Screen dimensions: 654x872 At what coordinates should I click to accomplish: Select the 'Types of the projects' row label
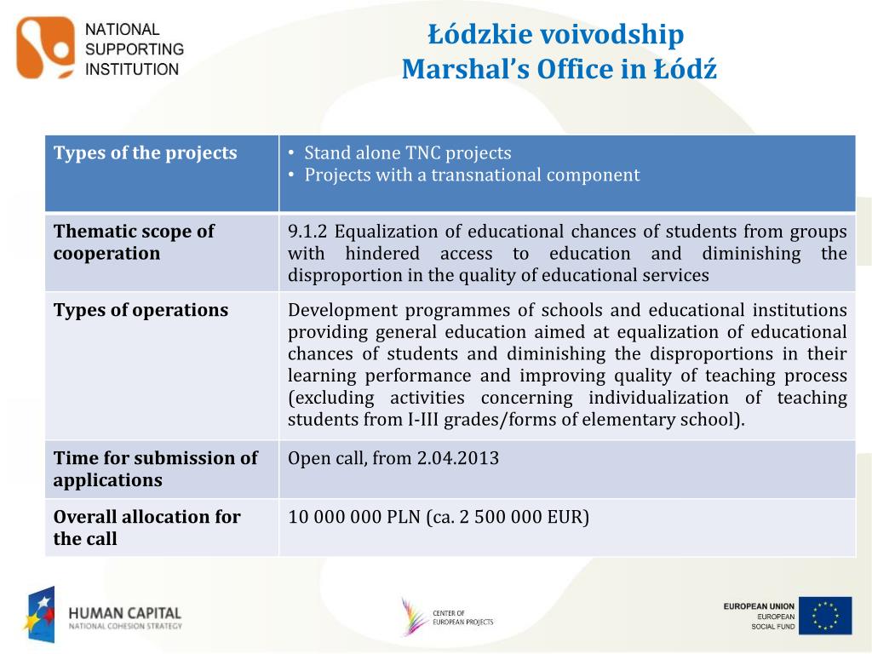(x=146, y=153)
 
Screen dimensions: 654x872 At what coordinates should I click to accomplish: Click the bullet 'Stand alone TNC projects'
(x=408, y=153)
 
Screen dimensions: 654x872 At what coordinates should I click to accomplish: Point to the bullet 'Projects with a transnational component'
(x=472, y=175)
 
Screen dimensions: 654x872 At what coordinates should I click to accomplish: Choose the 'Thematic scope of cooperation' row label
(x=134, y=242)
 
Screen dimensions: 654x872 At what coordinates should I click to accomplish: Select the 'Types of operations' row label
(x=141, y=310)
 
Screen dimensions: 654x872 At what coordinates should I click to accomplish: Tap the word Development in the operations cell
(x=336, y=310)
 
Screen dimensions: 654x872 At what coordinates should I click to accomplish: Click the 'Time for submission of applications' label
(x=155, y=468)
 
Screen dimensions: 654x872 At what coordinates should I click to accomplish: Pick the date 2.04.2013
(x=457, y=458)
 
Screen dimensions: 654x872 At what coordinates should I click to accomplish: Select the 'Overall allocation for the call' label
(x=146, y=527)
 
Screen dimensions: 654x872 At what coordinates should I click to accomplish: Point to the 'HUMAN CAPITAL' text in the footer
(x=125, y=612)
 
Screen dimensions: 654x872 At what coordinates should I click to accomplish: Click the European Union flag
(x=825, y=616)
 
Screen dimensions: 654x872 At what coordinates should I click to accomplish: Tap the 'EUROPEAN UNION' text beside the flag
(x=759, y=606)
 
